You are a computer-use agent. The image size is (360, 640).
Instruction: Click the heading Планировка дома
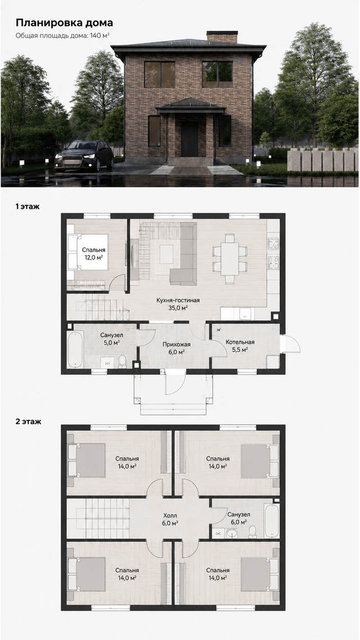(x=65, y=23)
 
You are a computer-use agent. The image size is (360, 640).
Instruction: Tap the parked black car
(x=84, y=155)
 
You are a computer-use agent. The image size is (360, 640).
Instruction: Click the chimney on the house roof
(x=222, y=37)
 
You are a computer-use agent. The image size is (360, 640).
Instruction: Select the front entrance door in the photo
(x=190, y=138)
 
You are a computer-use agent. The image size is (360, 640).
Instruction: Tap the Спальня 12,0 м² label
(x=93, y=253)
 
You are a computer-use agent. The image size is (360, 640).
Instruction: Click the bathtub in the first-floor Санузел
(x=75, y=349)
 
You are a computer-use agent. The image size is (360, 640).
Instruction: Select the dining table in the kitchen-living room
(x=230, y=258)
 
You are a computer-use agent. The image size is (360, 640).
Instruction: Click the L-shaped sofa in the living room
(x=183, y=253)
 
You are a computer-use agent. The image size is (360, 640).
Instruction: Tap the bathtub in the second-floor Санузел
(x=272, y=521)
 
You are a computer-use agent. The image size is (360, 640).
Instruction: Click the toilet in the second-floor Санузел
(x=252, y=531)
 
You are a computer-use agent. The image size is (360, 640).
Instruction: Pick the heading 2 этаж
(x=29, y=421)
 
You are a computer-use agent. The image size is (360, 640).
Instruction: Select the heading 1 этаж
(x=28, y=207)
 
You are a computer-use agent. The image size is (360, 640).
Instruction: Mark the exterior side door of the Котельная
(x=290, y=344)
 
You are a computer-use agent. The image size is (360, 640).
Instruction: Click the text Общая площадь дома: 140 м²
(x=62, y=35)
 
